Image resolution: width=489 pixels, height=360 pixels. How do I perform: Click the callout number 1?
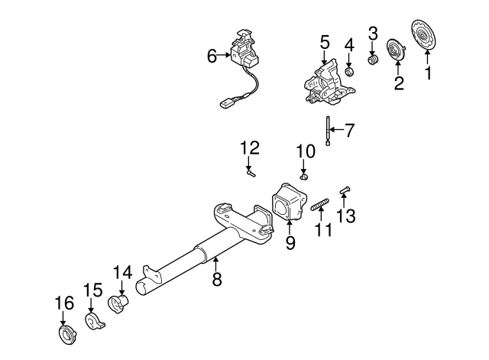pos(428,73)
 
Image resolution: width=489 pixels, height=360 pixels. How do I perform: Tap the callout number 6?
pos(212,55)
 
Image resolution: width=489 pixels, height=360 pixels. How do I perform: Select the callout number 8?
pos(217,280)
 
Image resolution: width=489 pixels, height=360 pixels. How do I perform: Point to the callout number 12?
pos(250,148)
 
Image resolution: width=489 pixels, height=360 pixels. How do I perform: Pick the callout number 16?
pos(65,303)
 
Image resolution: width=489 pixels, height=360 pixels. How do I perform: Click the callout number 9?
pos(290,245)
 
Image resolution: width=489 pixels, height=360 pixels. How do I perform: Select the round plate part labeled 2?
pos(396,51)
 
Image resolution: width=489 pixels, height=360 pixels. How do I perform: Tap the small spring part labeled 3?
pos(374,59)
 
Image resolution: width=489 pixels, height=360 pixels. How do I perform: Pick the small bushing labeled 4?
pos(349,72)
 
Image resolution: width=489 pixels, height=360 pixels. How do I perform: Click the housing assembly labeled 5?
pos(324,82)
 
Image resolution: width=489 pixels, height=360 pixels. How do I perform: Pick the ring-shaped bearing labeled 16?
pos(65,336)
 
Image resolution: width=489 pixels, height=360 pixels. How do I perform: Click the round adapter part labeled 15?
pos(93,320)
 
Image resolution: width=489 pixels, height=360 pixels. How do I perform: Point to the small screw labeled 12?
pos(251,174)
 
